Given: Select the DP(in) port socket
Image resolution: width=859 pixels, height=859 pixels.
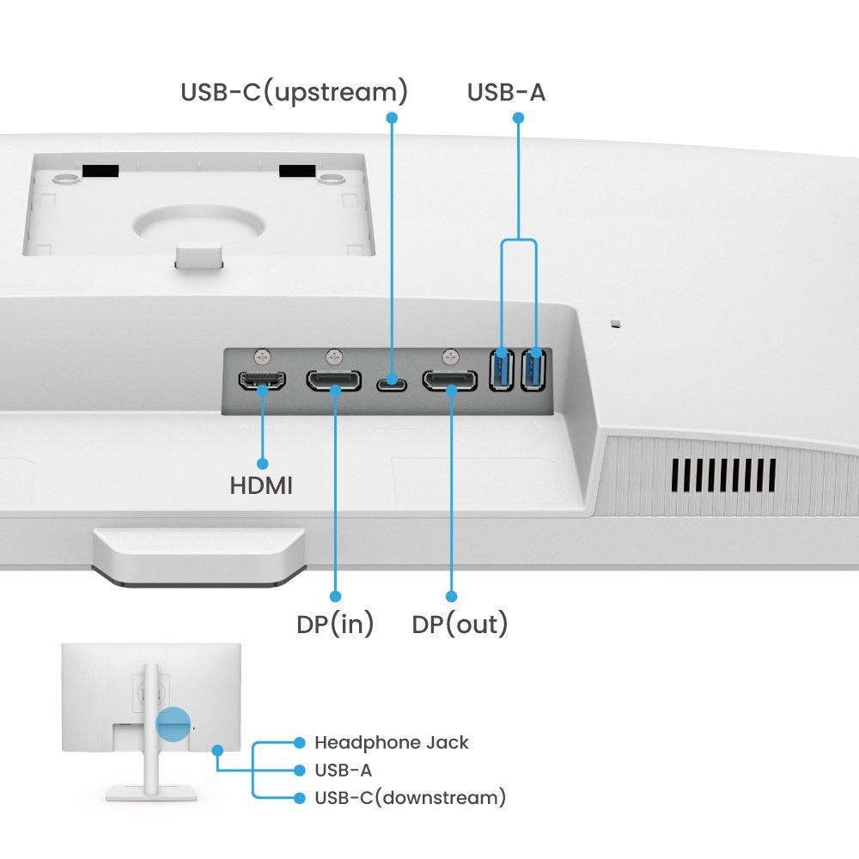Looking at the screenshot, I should (x=334, y=381).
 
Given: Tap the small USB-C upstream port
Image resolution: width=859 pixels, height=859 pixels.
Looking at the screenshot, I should (x=393, y=381).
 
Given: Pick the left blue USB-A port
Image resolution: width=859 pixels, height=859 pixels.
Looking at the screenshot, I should (x=502, y=370).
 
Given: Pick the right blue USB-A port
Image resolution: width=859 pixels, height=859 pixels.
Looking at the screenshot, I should (x=533, y=370).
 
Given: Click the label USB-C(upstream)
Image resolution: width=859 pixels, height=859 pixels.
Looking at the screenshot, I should (x=294, y=92).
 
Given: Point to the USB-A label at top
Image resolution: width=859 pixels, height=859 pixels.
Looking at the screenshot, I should (x=506, y=92).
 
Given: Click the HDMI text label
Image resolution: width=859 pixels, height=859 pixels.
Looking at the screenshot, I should (x=261, y=485).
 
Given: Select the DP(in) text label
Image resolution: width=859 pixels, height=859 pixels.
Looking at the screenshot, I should (x=335, y=624).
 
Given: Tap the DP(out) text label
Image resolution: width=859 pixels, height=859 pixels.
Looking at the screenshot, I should (x=460, y=624).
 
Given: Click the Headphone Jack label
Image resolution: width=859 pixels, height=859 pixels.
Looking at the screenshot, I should (x=392, y=742).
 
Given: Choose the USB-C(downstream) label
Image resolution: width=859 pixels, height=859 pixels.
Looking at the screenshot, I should (x=410, y=797).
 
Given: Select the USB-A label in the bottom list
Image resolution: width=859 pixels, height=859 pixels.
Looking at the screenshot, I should (x=343, y=770).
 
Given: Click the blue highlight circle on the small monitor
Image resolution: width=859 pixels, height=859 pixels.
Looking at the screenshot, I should (x=173, y=724).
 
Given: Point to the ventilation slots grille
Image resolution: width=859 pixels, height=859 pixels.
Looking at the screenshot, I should (x=723, y=475).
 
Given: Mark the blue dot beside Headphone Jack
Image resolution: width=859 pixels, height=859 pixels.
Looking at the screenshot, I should (x=299, y=742).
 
